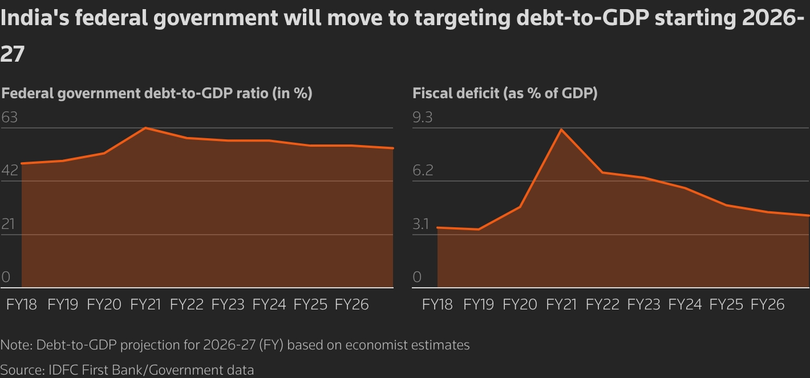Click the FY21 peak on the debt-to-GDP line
[x=146, y=128]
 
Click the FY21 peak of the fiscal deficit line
[x=561, y=130]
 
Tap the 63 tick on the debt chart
[x=10, y=118]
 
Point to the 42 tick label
[x=10, y=171]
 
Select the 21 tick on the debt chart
[x=8, y=224]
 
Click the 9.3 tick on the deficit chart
[x=423, y=118]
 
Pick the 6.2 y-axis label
[x=423, y=171]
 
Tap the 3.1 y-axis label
[x=421, y=224]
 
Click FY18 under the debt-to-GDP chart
[x=22, y=304]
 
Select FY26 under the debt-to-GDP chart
[x=351, y=304]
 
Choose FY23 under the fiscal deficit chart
[x=643, y=304]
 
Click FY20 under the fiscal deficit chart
[x=520, y=304]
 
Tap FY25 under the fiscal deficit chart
[x=726, y=304]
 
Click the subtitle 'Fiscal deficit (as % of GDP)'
[x=505, y=93]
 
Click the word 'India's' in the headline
[x=34, y=19]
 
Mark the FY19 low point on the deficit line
[x=479, y=229]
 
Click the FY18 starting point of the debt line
[x=22, y=163]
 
